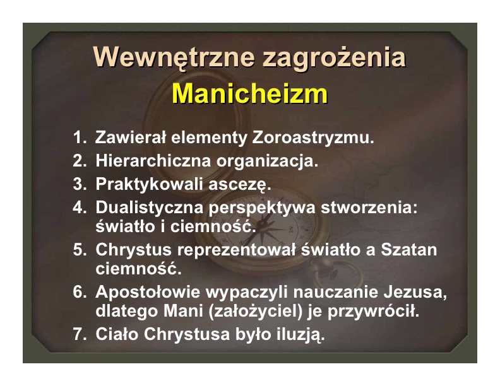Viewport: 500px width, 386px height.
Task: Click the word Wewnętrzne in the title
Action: (x=174, y=57)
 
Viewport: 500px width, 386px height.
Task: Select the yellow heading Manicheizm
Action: (x=249, y=93)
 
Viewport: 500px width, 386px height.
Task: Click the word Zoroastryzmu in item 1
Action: (x=313, y=137)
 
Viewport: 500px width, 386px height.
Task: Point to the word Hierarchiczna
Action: (x=153, y=160)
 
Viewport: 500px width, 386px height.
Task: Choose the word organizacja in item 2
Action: (x=267, y=161)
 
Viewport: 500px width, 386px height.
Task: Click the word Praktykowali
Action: (x=149, y=184)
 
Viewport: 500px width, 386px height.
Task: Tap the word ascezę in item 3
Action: (x=240, y=185)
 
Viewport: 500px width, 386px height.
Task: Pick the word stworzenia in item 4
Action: (x=369, y=208)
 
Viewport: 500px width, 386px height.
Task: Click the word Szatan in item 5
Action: (x=409, y=249)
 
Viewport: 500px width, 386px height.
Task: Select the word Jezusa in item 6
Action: (x=415, y=293)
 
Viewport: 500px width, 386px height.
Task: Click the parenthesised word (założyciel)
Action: (x=255, y=311)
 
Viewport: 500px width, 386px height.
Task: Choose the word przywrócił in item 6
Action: (x=373, y=312)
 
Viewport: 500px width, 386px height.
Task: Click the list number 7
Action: (x=80, y=334)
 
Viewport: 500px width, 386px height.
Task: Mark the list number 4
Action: (x=80, y=208)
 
